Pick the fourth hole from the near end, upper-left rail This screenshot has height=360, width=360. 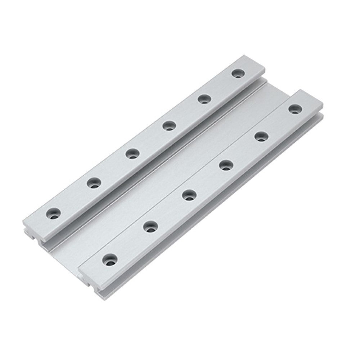click(x=168, y=126)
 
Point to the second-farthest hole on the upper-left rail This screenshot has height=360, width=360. click(x=204, y=98)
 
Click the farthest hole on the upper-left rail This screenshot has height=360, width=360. click(x=237, y=74)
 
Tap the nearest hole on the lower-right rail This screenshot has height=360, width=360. click(x=111, y=259)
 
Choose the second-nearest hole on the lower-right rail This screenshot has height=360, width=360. click(x=150, y=227)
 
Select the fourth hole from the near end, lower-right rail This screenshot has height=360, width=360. click(x=225, y=166)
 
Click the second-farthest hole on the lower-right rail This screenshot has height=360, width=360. click(x=261, y=137)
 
